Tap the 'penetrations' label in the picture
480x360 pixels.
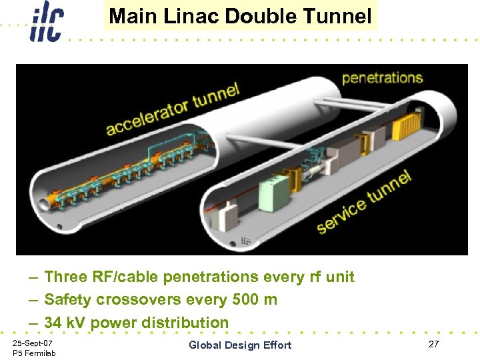tap(382, 78)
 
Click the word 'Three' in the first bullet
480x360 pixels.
tap(65, 277)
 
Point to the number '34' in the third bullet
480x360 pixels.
tap(53, 323)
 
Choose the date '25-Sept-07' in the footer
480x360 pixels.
tap(33, 343)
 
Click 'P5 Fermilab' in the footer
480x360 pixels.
tap(34, 353)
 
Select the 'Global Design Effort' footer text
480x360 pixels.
tap(240, 345)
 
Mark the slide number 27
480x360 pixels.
tap(433, 344)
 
